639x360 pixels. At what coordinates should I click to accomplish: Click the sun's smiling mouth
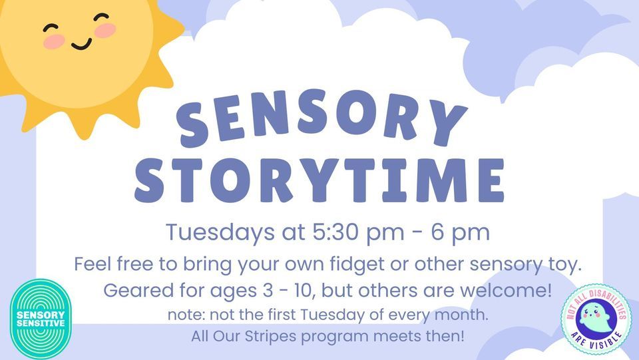point(81,44)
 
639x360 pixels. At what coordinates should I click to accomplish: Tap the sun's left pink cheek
point(55,41)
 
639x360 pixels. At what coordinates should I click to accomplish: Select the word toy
point(566,265)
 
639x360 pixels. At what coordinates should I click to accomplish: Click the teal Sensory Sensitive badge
point(41,317)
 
